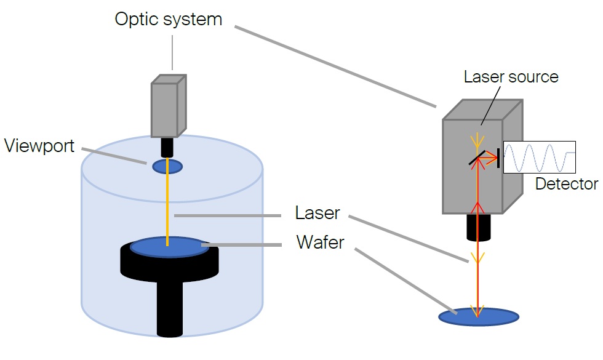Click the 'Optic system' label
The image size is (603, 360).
click(x=168, y=18)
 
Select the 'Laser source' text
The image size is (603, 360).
click(x=511, y=77)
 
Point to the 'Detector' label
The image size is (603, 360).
click(x=566, y=183)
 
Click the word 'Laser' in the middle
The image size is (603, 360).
click(x=317, y=214)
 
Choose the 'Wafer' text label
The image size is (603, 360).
click(x=320, y=241)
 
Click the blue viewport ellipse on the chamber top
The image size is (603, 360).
click(x=167, y=166)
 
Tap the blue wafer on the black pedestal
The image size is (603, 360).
click(x=168, y=247)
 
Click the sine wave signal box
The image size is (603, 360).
click(x=539, y=157)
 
